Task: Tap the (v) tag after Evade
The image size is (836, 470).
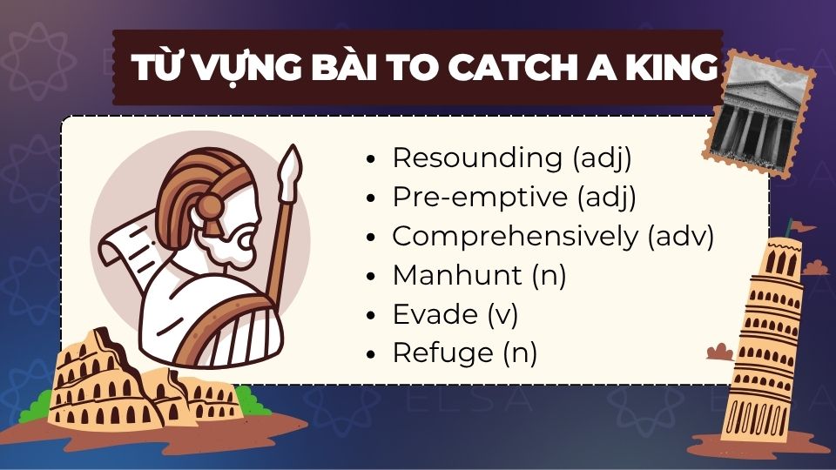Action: (502, 314)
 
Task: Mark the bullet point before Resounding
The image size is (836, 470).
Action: (373, 160)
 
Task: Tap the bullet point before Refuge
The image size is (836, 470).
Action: (373, 355)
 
